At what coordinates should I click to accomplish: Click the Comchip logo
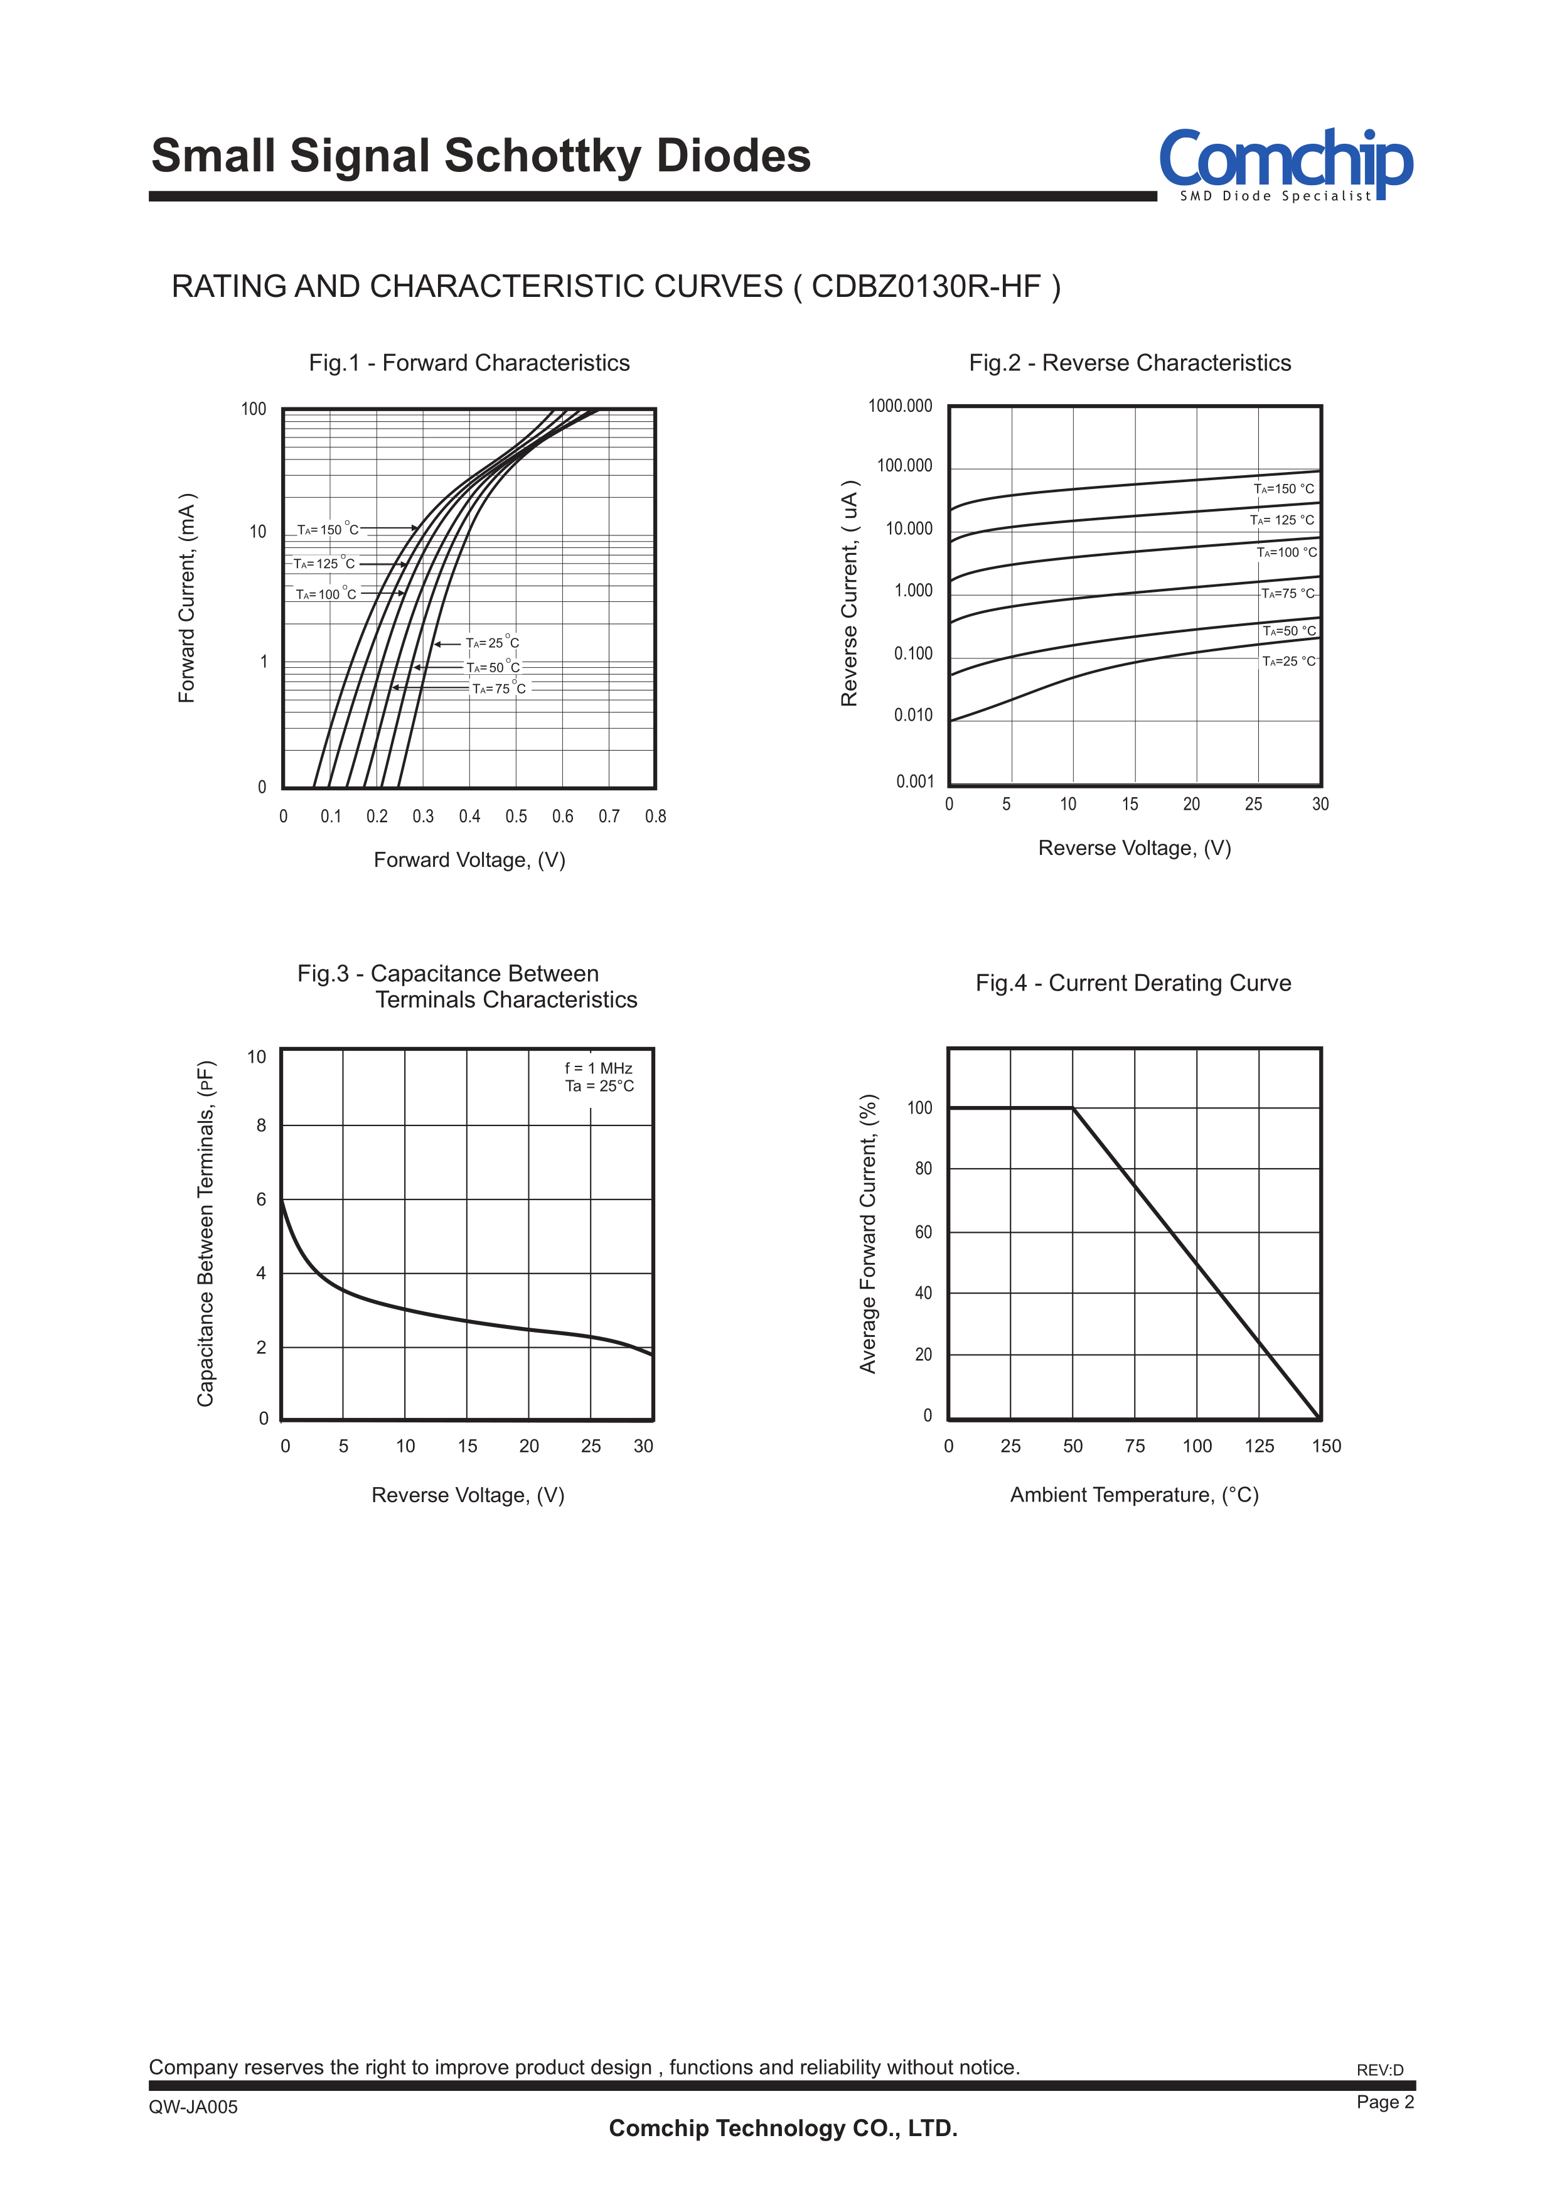click(x=1285, y=163)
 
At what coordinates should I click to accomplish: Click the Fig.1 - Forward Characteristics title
click(x=469, y=363)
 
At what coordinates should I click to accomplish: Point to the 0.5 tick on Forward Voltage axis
click(x=516, y=816)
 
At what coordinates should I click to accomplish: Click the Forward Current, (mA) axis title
click(x=187, y=598)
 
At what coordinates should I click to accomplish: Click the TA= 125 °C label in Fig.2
click(x=1282, y=520)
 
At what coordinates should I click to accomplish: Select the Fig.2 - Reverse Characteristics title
click(x=1130, y=363)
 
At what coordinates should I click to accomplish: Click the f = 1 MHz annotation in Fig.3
click(x=598, y=1068)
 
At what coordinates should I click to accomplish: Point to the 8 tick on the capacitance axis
click(x=261, y=1125)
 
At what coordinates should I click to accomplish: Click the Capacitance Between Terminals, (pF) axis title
click(x=205, y=1233)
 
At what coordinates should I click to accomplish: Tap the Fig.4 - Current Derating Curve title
click(x=1133, y=983)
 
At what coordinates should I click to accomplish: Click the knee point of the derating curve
click(x=1073, y=1109)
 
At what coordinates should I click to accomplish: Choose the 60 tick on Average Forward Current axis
click(x=923, y=1232)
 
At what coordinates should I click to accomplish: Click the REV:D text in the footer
click(x=1379, y=2070)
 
